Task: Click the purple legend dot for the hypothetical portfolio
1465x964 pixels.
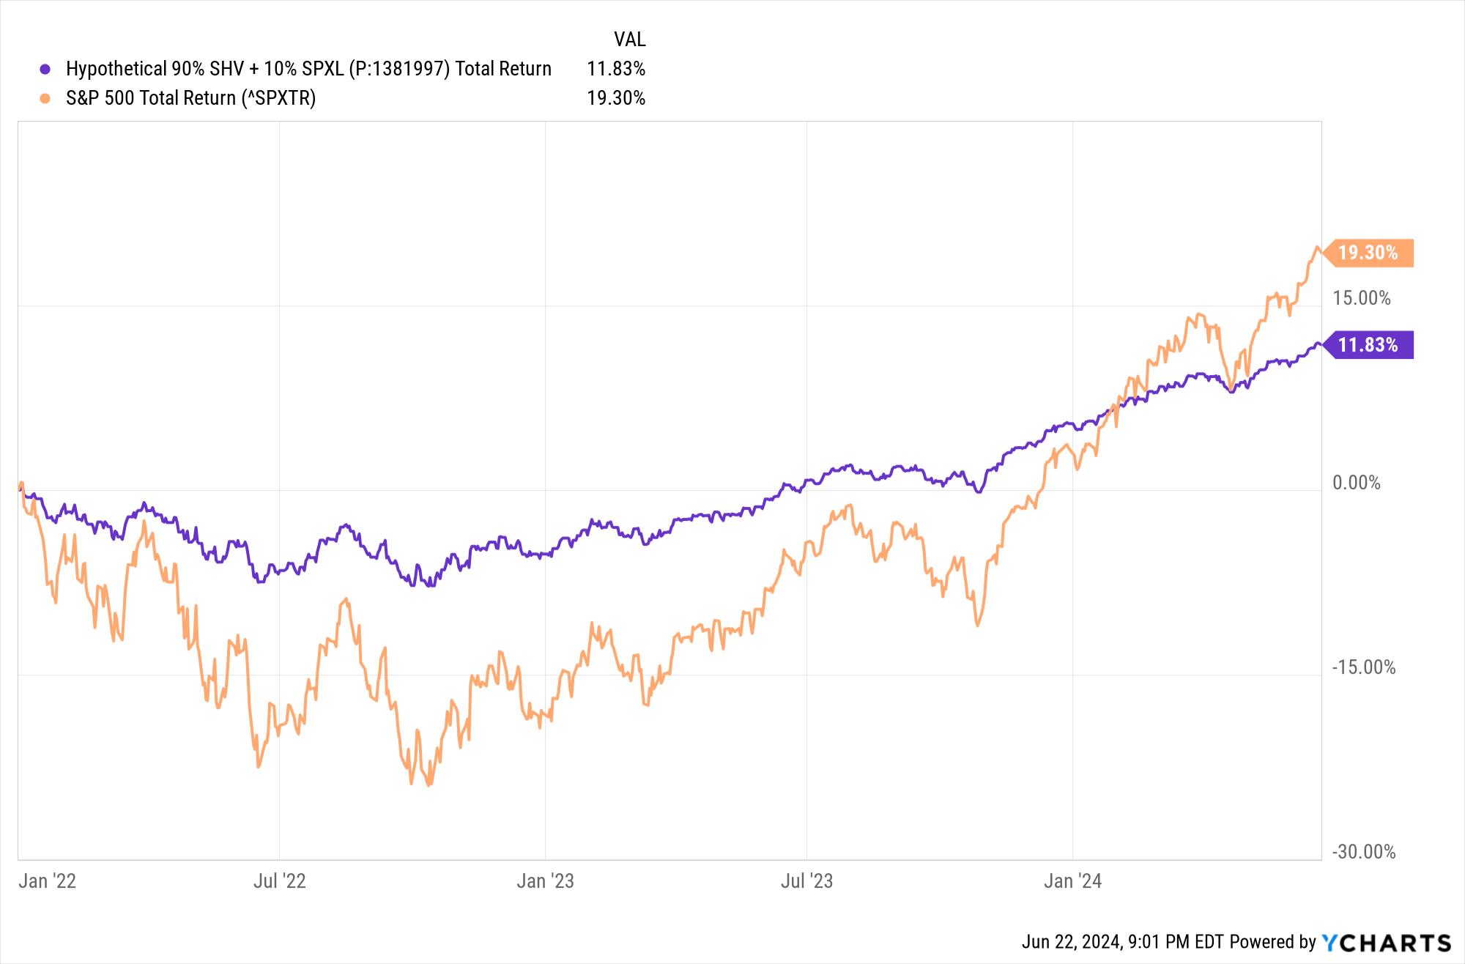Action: point(45,69)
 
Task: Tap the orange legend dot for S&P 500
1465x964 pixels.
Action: point(45,98)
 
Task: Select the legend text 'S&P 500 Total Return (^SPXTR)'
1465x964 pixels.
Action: point(190,98)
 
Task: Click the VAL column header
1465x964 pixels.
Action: point(629,40)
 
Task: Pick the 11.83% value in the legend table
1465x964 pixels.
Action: point(615,69)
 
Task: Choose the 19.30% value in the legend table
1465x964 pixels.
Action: point(615,98)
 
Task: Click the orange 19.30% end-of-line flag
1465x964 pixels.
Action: point(1368,253)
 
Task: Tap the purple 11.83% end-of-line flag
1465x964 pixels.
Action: point(1368,345)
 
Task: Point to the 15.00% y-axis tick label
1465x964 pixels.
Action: point(1361,298)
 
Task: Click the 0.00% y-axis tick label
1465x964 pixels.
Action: point(1356,483)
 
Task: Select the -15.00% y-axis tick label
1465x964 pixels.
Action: point(1363,667)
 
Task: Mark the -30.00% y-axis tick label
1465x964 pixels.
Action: point(1363,852)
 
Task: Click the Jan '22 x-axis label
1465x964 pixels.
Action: point(47,880)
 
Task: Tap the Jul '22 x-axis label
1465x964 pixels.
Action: point(279,880)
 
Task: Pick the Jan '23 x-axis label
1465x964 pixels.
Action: point(545,880)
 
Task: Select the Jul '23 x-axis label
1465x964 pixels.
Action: point(806,880)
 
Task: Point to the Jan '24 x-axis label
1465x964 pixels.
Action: point(1072,880)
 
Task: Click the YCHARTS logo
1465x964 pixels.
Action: point(1386,942)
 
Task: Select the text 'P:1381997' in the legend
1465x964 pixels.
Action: point(399,69)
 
